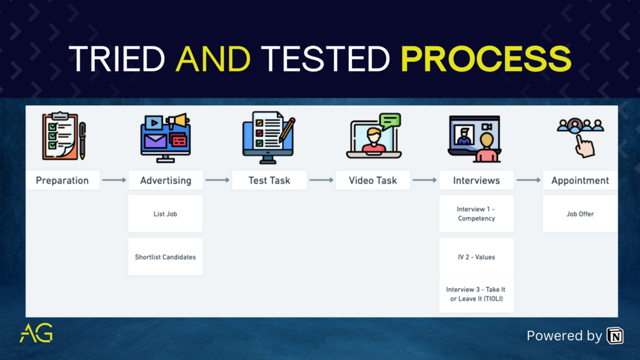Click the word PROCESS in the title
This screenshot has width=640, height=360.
[486, 58]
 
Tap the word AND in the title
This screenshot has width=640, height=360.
[213, 58]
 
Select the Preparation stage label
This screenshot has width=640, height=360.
[62, 180]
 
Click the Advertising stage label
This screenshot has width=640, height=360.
[166, 180]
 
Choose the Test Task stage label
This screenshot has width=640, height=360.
[269, 180]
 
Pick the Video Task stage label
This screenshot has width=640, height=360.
[373, 180]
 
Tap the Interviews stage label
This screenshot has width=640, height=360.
[476, 180]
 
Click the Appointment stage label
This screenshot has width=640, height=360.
[580, 180]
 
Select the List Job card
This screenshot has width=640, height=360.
[166, 214]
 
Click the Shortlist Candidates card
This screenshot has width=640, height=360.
[166, 257]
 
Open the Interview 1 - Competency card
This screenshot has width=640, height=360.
[476, 214]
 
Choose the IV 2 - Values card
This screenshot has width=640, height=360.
[476, 257]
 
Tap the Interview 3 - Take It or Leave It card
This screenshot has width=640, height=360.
[476, 294]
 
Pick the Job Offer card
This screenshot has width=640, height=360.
[580, 214]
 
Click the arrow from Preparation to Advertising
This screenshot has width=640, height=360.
[114, 180]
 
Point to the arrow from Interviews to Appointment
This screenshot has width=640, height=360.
[529, 180]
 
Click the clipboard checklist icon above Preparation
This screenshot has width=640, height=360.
[63, 136]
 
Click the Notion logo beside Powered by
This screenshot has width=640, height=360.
[615, 335]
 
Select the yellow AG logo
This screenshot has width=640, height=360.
[36, 333]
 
